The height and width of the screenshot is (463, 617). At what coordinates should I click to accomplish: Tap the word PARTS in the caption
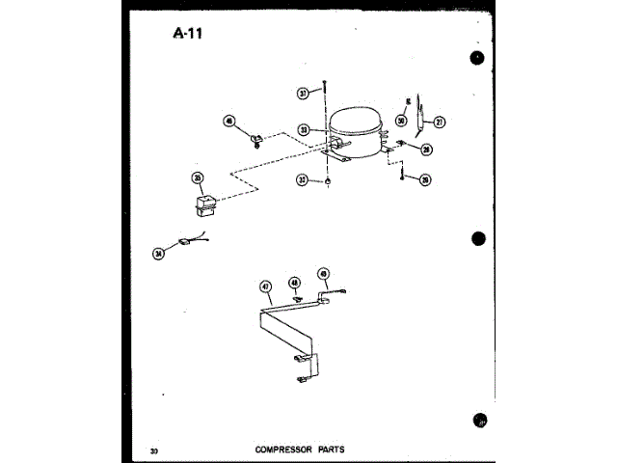pos(330,449)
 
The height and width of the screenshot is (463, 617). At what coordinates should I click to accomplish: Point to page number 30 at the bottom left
pos(154,450)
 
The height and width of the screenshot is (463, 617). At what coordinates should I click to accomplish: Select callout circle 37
pos(303,94)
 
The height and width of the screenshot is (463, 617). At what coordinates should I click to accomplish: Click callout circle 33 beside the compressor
pos(303,129)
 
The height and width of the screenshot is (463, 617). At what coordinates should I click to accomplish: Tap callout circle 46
pos(229,122)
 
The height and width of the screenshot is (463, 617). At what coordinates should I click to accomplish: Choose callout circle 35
pos(197,177)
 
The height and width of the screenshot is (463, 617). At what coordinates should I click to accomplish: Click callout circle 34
pos(158,254)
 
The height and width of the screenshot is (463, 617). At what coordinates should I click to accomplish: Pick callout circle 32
pos(303,180)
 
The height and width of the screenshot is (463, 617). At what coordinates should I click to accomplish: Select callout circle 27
pos(440,122)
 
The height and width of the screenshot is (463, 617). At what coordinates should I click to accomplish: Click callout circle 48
pos(296,283)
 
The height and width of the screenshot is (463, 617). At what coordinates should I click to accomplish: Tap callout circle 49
pos(324,273)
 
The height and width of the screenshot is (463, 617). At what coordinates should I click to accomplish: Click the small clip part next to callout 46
pos(257,142)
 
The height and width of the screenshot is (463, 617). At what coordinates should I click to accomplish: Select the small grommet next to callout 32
pos(330,180)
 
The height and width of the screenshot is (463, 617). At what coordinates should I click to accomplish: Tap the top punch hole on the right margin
pos(478,59)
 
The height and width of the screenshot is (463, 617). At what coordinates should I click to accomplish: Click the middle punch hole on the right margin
pos(478,238)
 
